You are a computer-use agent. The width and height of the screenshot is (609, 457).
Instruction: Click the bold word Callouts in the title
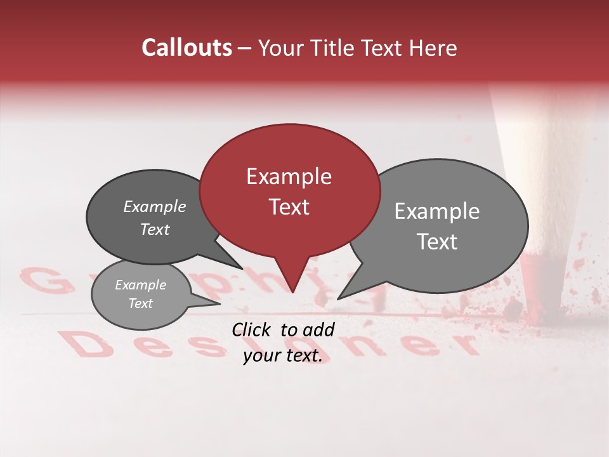pyautogui.click(x=187, y=48)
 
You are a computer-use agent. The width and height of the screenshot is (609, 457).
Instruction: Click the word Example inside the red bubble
pyautogui.click(x=289, y=176)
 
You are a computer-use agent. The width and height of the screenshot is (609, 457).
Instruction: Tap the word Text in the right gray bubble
pyautogui.click(x=437, y=242)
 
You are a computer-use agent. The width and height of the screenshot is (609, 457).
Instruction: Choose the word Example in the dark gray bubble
pyautogui.click(x=154, y=207)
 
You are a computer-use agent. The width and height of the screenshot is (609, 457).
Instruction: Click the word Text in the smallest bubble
pyautogui.click(x=140, y=303)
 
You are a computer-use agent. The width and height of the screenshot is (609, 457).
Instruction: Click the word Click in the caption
pyautogui.click(x=251, y=329)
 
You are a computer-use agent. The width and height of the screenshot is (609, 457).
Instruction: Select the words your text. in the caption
pyautogui.click(x=282, y=355)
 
